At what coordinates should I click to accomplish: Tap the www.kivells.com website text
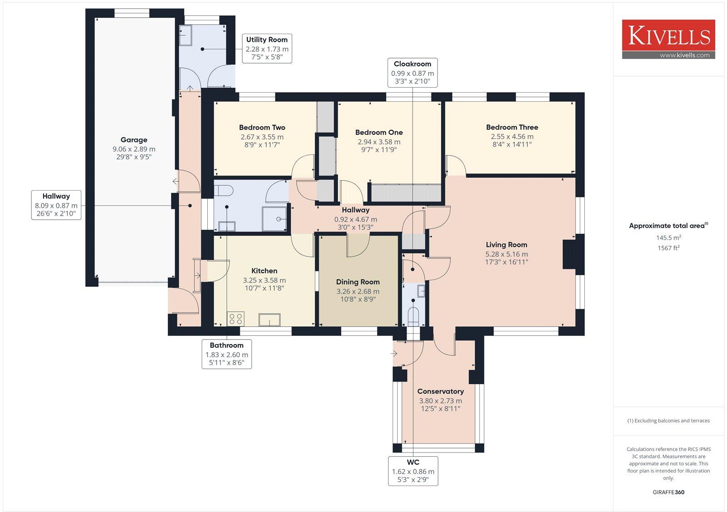point(684,55)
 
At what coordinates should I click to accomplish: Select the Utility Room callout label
point(267,48)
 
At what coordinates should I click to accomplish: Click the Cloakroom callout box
point(412,72)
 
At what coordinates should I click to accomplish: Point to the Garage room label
point(134,140)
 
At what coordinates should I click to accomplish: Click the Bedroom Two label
point(262,128)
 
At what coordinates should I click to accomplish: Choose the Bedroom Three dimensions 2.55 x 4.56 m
point(512,136)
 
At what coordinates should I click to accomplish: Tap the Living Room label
point(506,245)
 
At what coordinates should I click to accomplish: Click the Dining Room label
point(358,282)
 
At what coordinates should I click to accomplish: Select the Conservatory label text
point(440,391)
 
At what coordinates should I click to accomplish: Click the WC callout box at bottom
point(413,471)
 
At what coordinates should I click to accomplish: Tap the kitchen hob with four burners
point(235,319)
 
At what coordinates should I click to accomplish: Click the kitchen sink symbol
point(269,320)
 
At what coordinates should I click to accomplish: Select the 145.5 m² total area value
point(668,237)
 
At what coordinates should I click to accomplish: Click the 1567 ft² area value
point(668,248)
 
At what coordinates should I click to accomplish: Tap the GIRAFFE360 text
point(668,492)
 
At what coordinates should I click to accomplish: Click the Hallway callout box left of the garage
point(56,205)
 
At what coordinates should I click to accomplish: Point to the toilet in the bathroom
point(224,190)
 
